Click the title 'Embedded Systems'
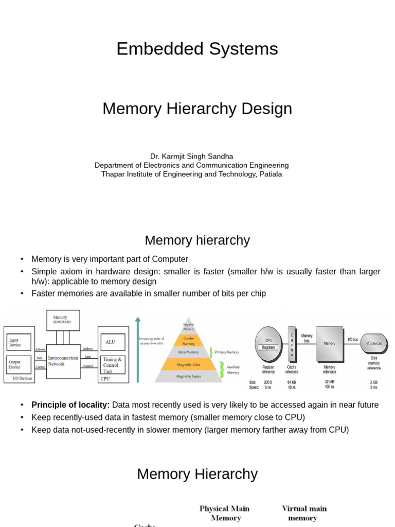(x=197, y=49)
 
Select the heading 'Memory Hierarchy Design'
(x=197, y=109)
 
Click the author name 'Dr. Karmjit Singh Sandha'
(x=191, y=156)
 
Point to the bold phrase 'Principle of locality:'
(x=70, y=405)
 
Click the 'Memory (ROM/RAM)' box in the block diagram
(x=63, y=320)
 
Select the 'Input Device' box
(x=19, y=342)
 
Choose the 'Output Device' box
(x=19, y=364)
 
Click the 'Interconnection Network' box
(x=63, y=361)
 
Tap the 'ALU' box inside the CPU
(x=111, y=342)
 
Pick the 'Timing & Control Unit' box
(x=112, y=365)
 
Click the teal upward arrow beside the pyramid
(x=138, y=350)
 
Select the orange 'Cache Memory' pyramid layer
(x=189, y=340)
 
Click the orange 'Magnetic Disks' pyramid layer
(x=189, y=364)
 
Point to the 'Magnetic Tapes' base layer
(x=189, y=376)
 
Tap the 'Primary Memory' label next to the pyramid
(x=227, y=352)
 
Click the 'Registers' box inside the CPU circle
(x=268, y=347)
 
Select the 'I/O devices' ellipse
(x=374, y=343)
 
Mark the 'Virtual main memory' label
(x=304, y=513)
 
